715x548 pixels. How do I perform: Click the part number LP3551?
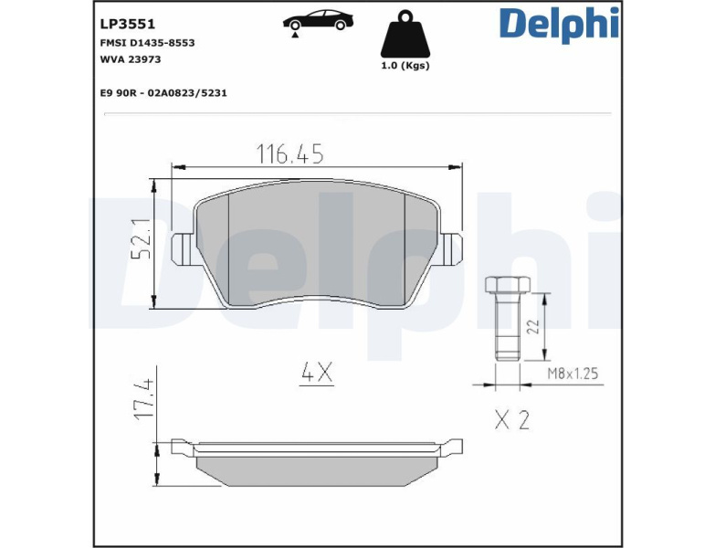click(x=128, y=24)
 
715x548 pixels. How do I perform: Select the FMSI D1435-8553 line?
click(x=147, y=43)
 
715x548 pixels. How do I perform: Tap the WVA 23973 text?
click(x=131, y=59)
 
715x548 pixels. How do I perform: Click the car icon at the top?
click(x=318, y=20)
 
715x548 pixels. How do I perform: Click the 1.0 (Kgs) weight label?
click(x=405, y=66)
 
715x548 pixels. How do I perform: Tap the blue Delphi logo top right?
click(x=559, y=24)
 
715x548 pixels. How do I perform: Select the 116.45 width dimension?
click(x=290, y=153)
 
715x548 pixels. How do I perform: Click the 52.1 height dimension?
click(x=141, y=238)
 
